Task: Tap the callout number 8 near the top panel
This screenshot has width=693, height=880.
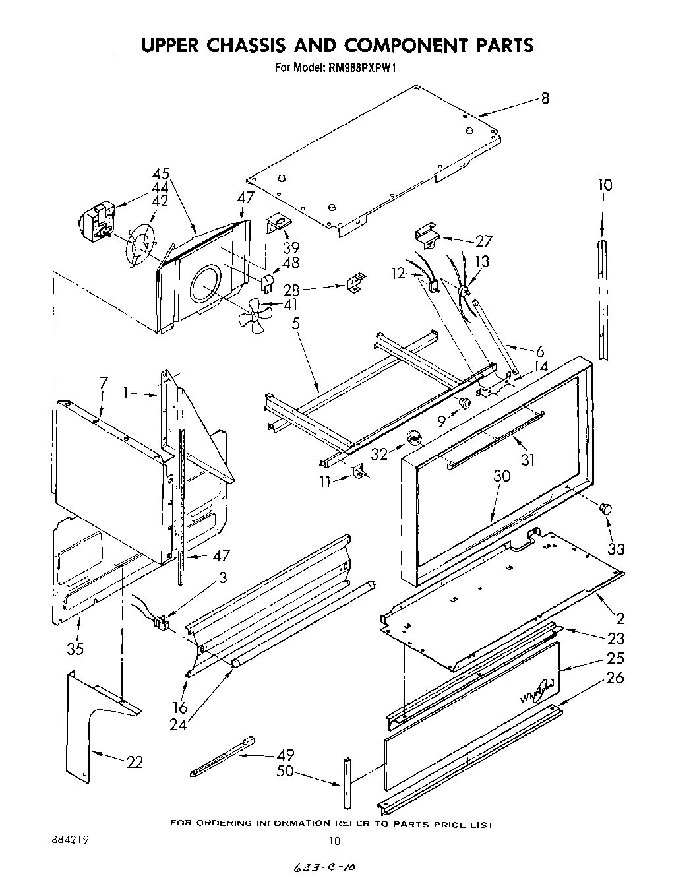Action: point(545,98)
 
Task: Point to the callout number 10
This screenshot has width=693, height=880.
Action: point(605,185)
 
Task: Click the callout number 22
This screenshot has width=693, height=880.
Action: point(135,762)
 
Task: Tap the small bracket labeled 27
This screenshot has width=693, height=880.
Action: point(427,236)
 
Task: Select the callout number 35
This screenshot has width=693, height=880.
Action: point(75,648)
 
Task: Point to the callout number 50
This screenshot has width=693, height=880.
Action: point(285,770)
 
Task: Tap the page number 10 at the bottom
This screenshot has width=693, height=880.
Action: point(336,840)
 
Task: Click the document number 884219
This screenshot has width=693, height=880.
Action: point(69,840)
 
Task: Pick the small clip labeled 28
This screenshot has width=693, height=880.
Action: point(355,283)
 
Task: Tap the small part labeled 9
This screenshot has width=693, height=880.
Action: point(464,403)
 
